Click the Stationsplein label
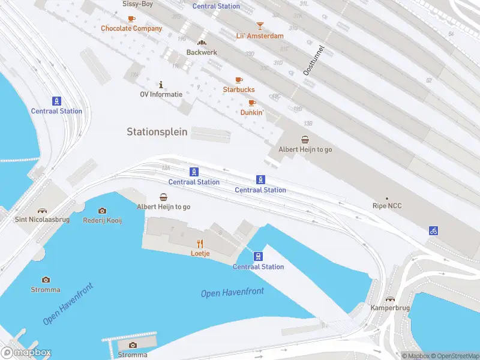(x=157, y=131)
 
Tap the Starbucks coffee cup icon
(x=239, y=80)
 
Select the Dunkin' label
(x=252, y=112)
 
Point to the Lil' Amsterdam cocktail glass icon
(x=260, y=26)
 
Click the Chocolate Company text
(x=131, y=28)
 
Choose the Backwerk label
(x=202, y=52)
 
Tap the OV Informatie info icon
(x=161, y=85)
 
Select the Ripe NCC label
(x=387, y=206)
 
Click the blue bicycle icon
(x=433, y=230)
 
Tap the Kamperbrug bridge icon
(x=390, y=299)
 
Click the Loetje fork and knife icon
(x=200, y=244)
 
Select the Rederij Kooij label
(x=102, y=220)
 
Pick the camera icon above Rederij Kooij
(x=102, y=211)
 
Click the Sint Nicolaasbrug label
(x=42, y=220)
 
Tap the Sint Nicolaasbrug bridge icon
(x=42, y=211)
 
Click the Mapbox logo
(x=26, y=353)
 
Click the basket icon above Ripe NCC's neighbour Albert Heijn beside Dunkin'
(x=305, y=140)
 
